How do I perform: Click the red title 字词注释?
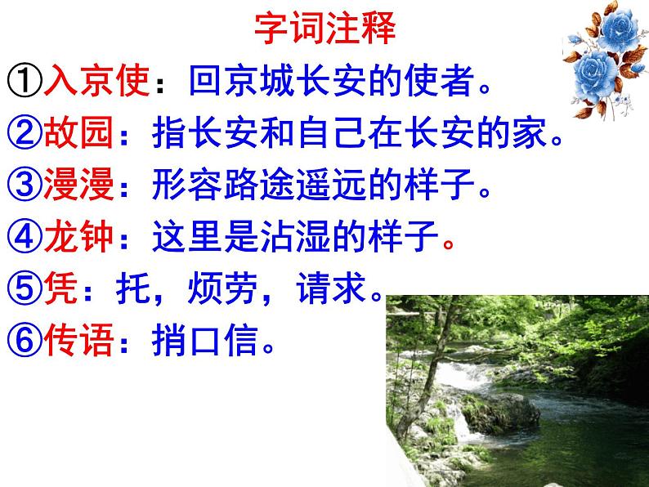[324, 29]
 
